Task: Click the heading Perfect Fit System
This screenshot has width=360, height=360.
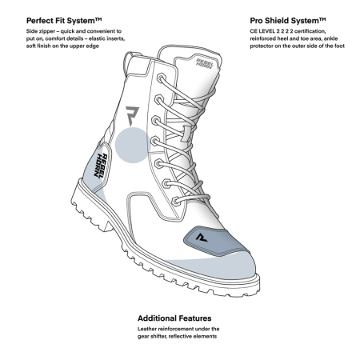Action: [x=64, y=21]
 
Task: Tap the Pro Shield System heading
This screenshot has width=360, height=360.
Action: [x=288, y=21]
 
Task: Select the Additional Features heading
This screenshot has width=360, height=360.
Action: [x=174, y=318]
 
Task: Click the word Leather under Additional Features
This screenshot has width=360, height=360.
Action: [x=146, y=329]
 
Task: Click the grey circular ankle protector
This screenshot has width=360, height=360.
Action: [x=133, y=145]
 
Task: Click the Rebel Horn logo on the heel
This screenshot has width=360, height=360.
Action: [x=101, y=166]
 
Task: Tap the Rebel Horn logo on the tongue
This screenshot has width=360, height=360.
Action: [x=205, y=63]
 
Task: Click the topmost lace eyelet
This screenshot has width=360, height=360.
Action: [x=161, y=78]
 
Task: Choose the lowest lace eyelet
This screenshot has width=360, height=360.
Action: [x=176, y=201]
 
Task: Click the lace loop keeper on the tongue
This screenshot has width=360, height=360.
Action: [x=186, y=134]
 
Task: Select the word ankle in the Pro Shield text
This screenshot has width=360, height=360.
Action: [x=330, y=38]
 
